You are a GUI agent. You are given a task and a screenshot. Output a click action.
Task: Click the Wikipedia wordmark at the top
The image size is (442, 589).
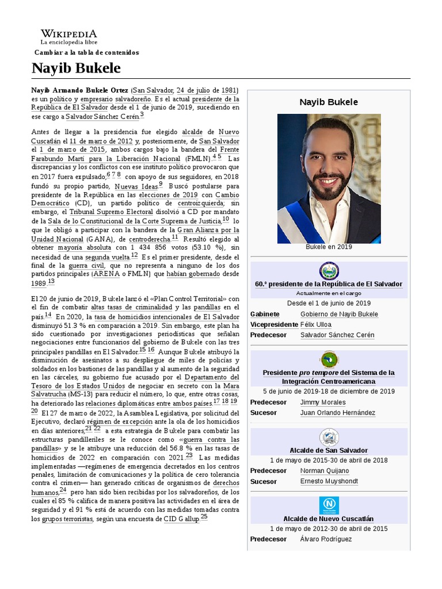point(68,34)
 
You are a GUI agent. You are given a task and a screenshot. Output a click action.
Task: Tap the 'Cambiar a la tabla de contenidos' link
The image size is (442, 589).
point(86,52)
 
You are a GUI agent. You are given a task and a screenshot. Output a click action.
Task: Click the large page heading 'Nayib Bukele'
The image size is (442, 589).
point(76,68)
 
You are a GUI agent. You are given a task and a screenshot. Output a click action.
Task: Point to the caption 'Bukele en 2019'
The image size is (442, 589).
point(329,247)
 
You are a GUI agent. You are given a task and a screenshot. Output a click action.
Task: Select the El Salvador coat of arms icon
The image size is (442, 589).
point(329,271)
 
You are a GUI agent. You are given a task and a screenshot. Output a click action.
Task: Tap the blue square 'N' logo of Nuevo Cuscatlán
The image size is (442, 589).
point(329,506)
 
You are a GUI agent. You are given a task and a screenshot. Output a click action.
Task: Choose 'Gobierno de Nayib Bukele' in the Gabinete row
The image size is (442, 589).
point(339,314)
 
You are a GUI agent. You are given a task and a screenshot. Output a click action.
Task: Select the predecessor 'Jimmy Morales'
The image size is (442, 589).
point(323,402)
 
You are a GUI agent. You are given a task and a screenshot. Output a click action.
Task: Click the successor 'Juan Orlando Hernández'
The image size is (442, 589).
point(337,412)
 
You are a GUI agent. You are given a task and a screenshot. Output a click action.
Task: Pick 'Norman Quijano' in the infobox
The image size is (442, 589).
point(325,471)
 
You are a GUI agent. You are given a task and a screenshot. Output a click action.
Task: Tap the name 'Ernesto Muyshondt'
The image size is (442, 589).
point(329,481)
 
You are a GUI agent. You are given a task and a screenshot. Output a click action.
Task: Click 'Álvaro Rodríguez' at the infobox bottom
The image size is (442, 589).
point(326,539)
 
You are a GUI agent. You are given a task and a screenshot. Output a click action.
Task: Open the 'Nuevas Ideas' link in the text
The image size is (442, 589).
point(136,187)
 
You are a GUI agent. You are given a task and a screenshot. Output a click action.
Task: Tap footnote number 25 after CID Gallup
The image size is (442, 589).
point(204,517)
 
